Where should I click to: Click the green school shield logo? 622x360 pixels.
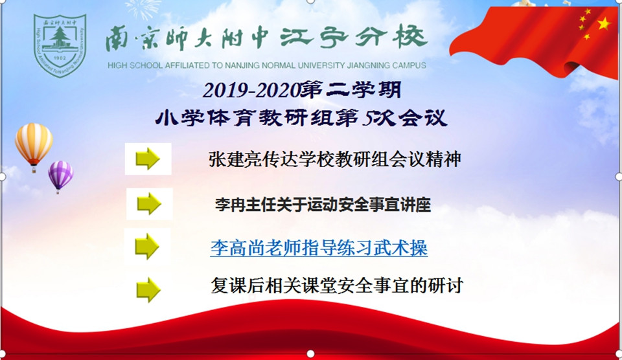tap(60, 45)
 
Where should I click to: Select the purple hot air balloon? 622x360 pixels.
tap(61, 176)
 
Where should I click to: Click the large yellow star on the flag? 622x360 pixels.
tap(604, 23)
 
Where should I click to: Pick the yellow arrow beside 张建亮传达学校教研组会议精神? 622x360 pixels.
tap(148, 159)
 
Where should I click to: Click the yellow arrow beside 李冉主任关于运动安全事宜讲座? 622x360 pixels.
tap(149, 204)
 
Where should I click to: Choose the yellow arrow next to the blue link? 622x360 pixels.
tap(147, 246)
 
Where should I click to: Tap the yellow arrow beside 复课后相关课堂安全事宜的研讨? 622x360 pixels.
tap(148, 289)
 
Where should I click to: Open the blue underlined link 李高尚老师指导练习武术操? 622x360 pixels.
tap(319, 248)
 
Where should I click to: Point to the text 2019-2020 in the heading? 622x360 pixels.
tap(251, 91)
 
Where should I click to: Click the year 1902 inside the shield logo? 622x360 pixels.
tap(60, 58)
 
